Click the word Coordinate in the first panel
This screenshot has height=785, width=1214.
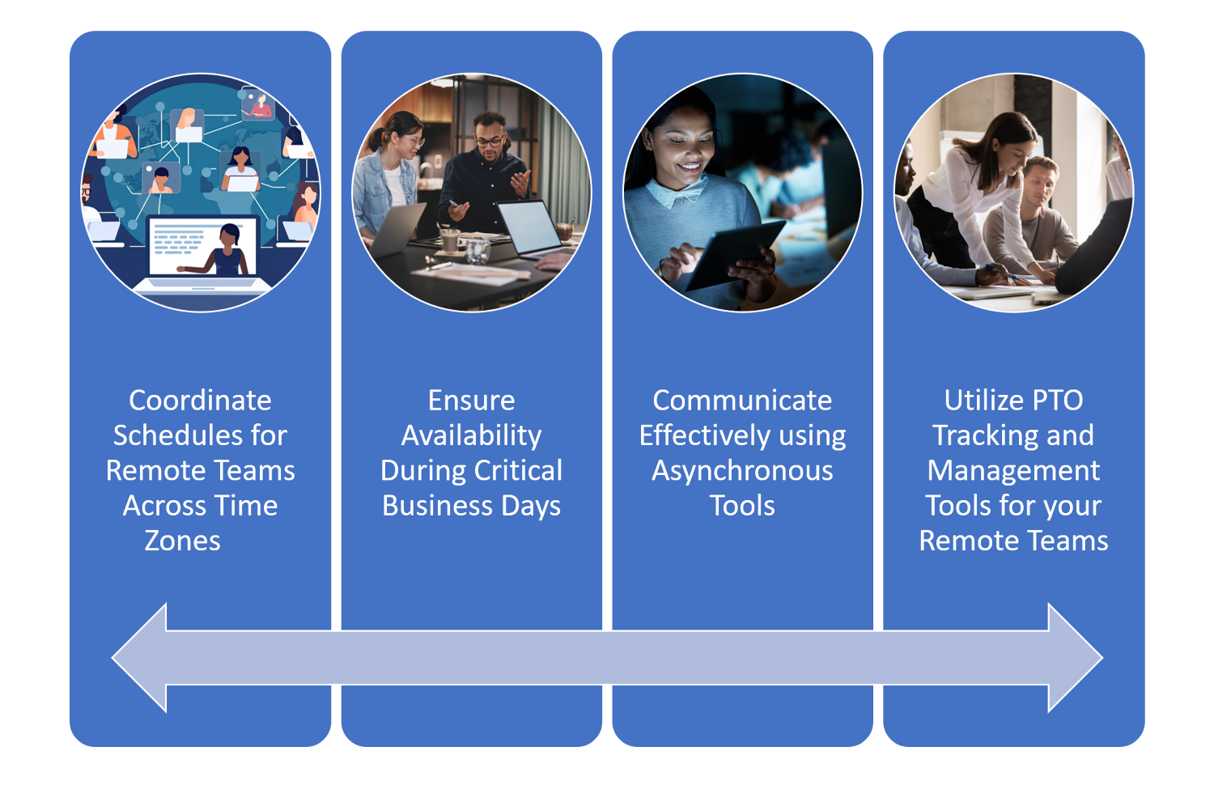pyautogui.click(x=200, y=401)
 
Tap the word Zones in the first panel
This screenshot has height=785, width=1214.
pyautogui.click(x=182, y=541)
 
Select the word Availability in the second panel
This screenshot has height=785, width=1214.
pyautogui.click(x=471, y=435)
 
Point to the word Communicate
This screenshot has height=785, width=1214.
pyautogui.click(x=742, y=401)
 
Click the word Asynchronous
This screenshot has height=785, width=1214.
pyautogui.click(x=742, y=471)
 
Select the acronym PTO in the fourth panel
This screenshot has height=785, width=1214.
pyautogui.click(x=1053, y=401)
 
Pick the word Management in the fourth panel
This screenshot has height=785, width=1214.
pyautogui.click(x=1013, y=471)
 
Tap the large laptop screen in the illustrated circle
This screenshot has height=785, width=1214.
pyautogui.click(x=202, y=248)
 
